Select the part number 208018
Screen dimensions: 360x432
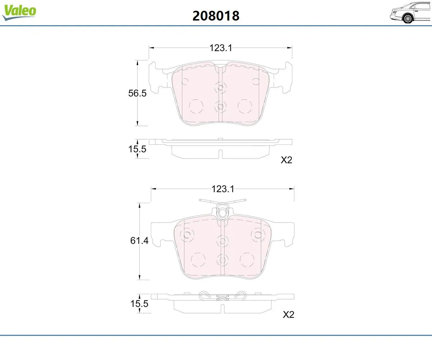click(216, 15)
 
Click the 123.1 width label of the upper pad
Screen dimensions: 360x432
click(221, 48)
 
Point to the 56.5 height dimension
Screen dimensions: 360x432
click(137, 93)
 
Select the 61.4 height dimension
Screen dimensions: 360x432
click(139, 241)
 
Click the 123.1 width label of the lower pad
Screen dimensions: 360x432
click(223, 189)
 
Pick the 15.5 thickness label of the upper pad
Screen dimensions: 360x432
click(137, 149)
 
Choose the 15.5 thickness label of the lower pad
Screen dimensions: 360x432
click(139, 303)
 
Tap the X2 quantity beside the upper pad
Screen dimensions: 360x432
click(286, 160)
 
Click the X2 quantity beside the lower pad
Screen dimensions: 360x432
click(288, 315)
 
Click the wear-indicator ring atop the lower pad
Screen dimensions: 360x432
click(222, 213)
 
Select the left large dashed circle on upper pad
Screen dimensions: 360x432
click(197, 106)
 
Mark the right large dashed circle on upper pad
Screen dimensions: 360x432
click(245, 106)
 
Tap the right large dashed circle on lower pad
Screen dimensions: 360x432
click(247, 260)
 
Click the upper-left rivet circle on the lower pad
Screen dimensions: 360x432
click(187, 235)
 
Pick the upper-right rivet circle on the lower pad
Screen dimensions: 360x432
click(258, 235)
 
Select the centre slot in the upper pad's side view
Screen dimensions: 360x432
click(220, 154)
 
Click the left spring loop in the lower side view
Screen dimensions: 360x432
click(204, 295)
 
